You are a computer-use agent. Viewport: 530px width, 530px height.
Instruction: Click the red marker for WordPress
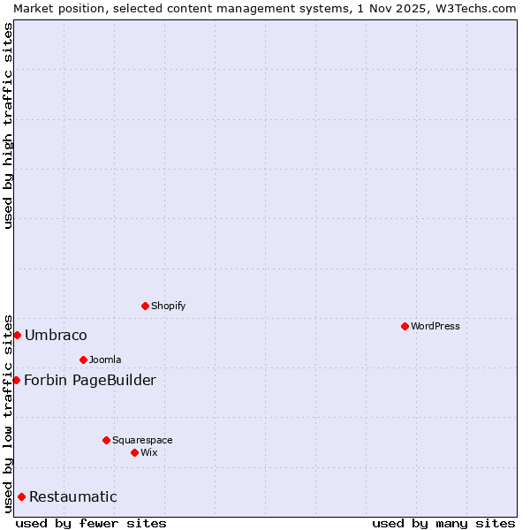pos(405,326)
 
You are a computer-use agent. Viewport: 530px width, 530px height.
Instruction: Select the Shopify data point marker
pos(145,306)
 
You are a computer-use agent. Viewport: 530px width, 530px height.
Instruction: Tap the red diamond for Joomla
pos(83,360)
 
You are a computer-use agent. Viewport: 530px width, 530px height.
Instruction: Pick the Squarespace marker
pos(106,440)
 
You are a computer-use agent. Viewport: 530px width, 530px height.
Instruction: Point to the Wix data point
pos(134,452)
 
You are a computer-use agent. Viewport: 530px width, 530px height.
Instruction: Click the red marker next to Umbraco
pos(17,335)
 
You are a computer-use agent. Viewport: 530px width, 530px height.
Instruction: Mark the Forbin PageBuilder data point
pos(16,380)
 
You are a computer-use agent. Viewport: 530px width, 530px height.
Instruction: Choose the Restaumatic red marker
pos(21,496)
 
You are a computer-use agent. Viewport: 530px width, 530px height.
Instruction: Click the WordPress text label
pos(435,326)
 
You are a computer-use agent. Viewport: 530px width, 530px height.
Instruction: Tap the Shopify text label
pos(168,306)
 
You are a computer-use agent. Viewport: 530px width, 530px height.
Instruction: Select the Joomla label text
pos(105,360)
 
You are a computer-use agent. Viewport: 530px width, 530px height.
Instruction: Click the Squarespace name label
pos(142,440)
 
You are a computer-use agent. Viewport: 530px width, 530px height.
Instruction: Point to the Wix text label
pos(149,452)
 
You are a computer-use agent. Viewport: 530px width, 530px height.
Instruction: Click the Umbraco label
pos(56,335)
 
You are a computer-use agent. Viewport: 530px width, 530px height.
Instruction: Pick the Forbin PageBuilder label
pos(90,380)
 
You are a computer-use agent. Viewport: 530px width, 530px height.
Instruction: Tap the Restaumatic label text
pos(72,496)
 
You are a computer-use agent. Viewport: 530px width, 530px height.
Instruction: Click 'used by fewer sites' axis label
pos(91,523)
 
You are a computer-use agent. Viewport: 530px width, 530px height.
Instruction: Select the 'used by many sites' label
pos(443,523)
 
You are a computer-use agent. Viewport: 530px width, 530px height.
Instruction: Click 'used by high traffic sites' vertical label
pos(8,125)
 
